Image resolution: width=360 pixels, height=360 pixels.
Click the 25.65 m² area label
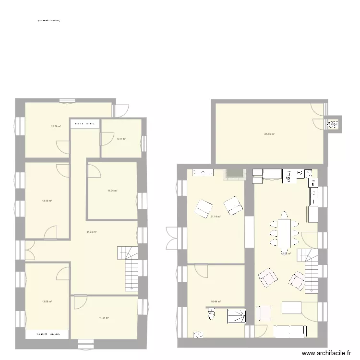point(269,134)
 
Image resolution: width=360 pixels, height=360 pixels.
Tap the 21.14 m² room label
point(216,216)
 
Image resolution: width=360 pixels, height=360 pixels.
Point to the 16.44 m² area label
point(216,302)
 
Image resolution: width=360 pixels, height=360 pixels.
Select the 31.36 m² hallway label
point(92,232)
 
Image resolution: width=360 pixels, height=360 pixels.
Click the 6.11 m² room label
point(121,139)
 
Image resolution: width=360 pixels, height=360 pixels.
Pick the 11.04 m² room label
point(112,191)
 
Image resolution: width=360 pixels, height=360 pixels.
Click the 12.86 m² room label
point(56,126)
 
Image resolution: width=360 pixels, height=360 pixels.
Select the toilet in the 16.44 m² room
point(211,315)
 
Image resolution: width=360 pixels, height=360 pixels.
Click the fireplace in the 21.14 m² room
point(235,174)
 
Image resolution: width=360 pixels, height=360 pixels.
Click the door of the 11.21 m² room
point(80,302)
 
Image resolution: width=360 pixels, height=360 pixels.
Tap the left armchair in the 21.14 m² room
point(203,208)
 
